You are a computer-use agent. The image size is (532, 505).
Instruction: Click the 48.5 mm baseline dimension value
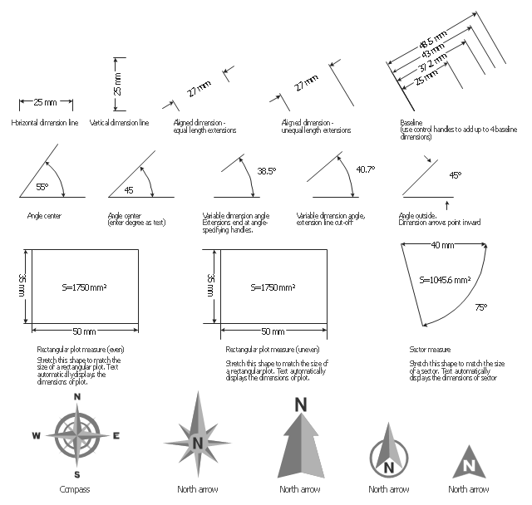coord(432,42)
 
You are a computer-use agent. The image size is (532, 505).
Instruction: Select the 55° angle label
coord(42,188)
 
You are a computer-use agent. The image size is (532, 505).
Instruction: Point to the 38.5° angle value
coord(266,171)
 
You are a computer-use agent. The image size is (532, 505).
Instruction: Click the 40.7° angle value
coord(366,169)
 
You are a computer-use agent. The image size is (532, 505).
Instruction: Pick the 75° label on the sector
coord(480,306)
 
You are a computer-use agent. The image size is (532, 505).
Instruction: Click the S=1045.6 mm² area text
coord(446,280)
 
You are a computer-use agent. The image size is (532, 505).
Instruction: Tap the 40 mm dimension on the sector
coord(442,246)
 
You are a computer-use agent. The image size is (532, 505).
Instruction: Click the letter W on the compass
coord(36,435)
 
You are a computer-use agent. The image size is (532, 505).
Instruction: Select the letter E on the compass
coord(116,435)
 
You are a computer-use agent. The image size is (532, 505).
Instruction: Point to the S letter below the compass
coord(76,474)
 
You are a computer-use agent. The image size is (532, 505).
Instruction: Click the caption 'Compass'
coord(75,489)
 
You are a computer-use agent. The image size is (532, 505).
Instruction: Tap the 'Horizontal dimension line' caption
coord(45,122)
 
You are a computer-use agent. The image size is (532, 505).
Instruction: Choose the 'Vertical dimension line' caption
coord(119,122)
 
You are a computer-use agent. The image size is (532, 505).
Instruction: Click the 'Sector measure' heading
coord(430,350)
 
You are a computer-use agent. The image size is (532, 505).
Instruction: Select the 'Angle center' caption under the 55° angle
coord(44,216)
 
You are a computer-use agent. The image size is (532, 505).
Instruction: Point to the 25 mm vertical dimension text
coord(117,84)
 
